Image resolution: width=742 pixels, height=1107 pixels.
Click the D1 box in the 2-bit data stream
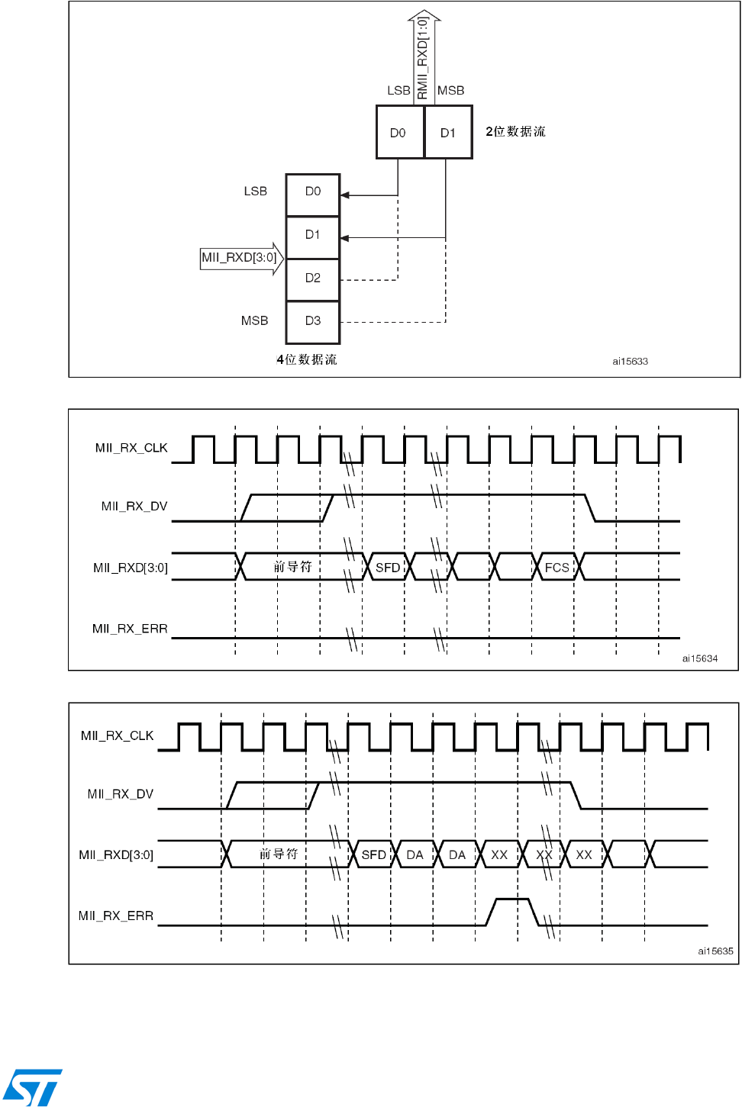[x=448, y=132]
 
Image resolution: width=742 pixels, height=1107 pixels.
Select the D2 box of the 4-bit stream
[x=313, y=278]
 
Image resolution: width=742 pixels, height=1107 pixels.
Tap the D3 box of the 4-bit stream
[x=313, y=321]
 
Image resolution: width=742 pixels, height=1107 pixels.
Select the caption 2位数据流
[x=515, y=131]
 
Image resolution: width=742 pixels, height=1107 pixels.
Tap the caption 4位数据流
[x=307, y=359]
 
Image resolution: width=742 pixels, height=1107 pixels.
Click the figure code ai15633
[x=630, y=362]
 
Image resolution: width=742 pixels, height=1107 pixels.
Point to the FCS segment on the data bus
[x=557, y=567]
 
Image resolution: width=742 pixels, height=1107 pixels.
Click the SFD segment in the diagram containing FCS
[x=388, y=567]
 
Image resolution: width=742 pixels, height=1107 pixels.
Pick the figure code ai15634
[x=699, y=658]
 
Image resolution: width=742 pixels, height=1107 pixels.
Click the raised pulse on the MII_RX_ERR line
[x=512, y=909]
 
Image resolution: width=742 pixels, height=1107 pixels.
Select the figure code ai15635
[x=715, y=951]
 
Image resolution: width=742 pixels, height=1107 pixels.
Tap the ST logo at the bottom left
[x=32, y=1087]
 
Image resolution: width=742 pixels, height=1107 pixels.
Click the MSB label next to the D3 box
[x=255, y=321]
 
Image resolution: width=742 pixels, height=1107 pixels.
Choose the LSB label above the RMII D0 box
[x=398, y=91]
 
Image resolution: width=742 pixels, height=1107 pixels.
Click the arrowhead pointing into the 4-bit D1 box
[x=345, y=238]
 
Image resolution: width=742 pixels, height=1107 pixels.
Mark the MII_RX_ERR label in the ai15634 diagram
[x=130, y=629]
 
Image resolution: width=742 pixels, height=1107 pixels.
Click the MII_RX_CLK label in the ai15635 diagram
[x=118, y=735]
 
